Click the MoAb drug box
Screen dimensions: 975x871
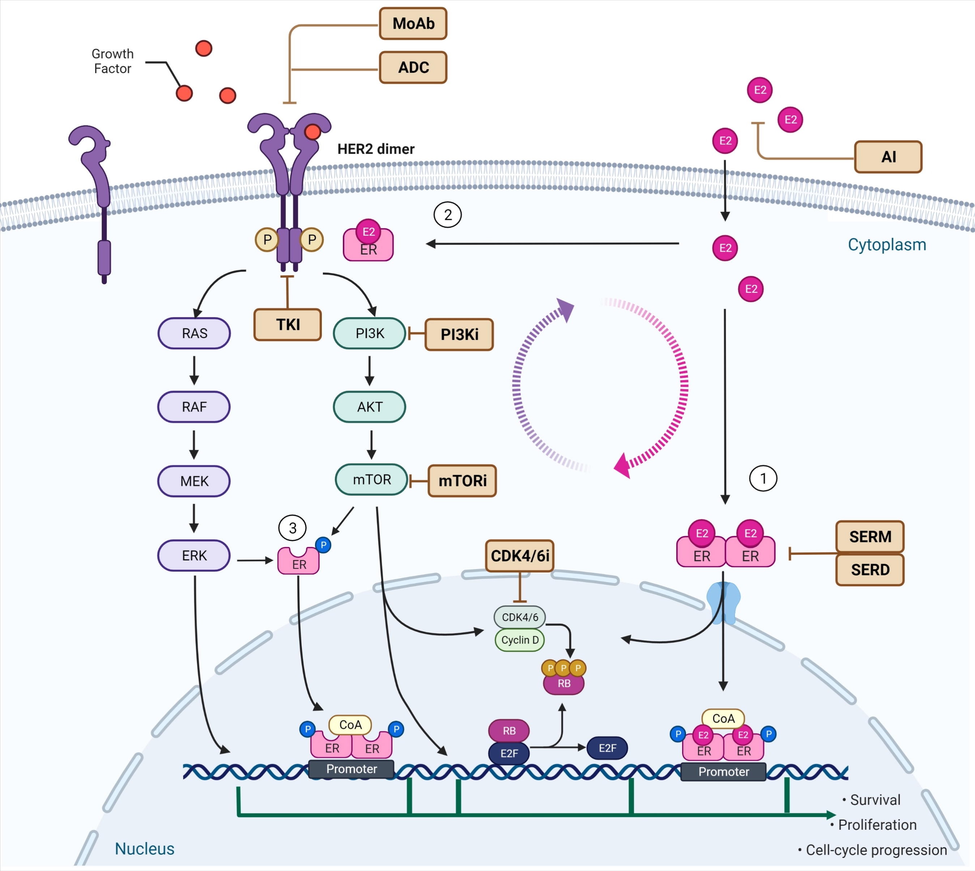(x=413, y=24)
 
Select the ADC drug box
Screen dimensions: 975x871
(x=413, y=68)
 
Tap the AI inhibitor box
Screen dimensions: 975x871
(x=888, y=157)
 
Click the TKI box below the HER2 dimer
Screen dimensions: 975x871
(x=288, y=324)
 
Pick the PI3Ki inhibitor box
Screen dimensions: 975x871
(x=459, y=334)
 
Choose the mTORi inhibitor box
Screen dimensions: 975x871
(x=463, y=481)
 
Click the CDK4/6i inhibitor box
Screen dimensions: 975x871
(x=520, y=556)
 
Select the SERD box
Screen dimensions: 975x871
(x=870, y=569)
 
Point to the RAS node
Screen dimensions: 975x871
(x=194, y=333)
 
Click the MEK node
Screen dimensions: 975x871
(x=194, y=481)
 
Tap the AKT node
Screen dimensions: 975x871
(x=370, y=407)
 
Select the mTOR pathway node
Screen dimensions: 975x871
(x=372, y=479)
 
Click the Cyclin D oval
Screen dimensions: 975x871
(x=520, y=640)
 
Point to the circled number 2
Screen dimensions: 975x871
(x=447, y=215)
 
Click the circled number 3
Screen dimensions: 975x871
(x=293, y=528)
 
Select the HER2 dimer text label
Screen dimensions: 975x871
(x=376, y=149)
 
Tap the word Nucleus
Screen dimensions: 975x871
(x=145, y=849)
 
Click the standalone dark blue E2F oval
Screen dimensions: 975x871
(x=608, y=748)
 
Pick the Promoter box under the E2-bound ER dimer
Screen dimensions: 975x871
(x=723, y=772)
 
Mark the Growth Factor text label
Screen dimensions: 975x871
(x=112, y=61)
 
